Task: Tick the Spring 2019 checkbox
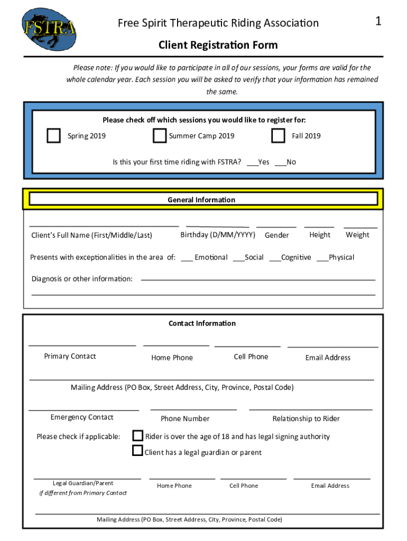(53, 136)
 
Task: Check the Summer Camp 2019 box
(160, 136)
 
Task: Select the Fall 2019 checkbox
(278, 136)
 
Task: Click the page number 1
(378, 21)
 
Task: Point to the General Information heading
(201, 200)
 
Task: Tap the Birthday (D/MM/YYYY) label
(218, 235)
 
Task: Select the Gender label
(277, 235)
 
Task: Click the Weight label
(357, 235)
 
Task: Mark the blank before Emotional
(187, 258)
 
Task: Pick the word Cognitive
(296, 257)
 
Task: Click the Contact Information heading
(202, 323)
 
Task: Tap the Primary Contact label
(70, 356)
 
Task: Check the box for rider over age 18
(137, 436)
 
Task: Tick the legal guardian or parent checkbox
(137, 451)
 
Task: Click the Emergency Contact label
(82, 417)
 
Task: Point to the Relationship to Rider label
(306, 418)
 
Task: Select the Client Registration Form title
(218, 45)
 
